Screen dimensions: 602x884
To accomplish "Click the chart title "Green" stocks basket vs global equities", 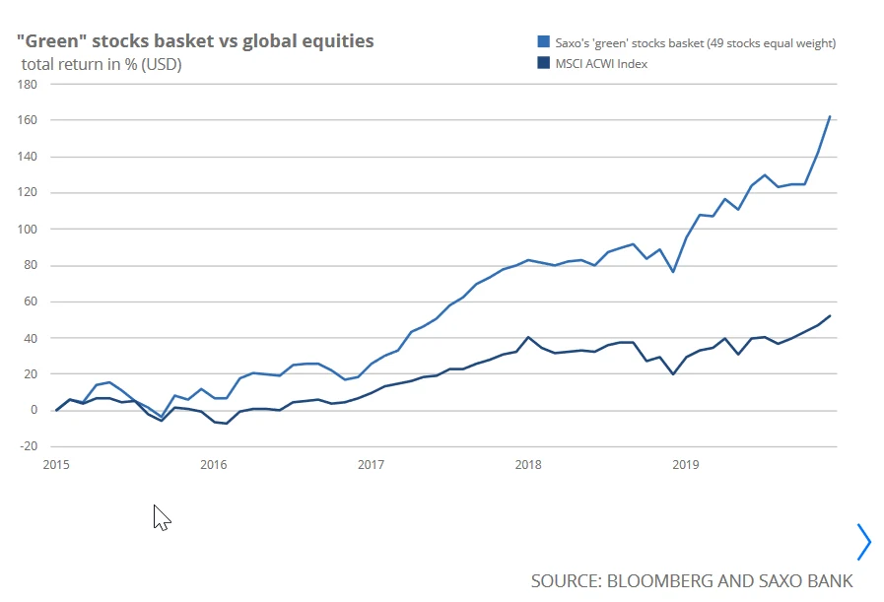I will [x=194, y=41].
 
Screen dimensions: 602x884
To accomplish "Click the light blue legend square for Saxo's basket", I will [x=543, y=42].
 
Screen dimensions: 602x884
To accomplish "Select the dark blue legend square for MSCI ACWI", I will [x=543, y=64].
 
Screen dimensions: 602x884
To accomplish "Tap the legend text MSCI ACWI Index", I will [x=601, y=64].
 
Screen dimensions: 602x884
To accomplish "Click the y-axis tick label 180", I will [x=27, y=84].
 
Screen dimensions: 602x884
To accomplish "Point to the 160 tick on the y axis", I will [x=27, y=120].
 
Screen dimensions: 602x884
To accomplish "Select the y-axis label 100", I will [x=27, y=229].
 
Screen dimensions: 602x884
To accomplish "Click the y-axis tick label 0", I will [x=32, y=410].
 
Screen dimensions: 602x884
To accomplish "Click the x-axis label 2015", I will [x=56, y=464].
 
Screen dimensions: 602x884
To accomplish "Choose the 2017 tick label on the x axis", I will [x=371, y=464].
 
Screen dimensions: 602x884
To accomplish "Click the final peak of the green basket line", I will [x=830, y=116].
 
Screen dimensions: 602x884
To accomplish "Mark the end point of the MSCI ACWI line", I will [x=830, y=316].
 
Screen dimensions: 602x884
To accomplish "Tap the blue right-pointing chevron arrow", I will [x=864, y=541].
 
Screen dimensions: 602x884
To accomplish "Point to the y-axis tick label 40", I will [x=30, y=338].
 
